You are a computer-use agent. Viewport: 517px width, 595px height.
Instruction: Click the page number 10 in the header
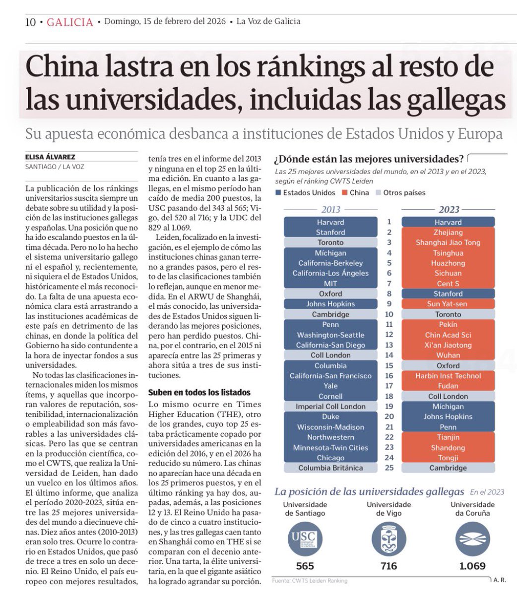[30, 22]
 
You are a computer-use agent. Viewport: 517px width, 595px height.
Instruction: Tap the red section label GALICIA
[70, 22]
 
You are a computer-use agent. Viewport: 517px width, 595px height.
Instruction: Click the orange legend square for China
[344, 193]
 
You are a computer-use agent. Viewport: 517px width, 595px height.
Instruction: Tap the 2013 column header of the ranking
[331, 210]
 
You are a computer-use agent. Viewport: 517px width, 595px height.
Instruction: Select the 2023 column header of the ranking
[449, 210]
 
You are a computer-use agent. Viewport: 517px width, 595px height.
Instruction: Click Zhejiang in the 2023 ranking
[448, 233]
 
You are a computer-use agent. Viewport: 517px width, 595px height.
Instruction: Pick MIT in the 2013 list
[330, 284]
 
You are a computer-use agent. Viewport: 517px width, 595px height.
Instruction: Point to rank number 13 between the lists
[389, 345]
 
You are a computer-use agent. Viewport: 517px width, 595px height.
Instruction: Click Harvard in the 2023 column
[448, 222]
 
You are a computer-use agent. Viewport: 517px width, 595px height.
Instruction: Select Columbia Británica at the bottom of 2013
[330, 468]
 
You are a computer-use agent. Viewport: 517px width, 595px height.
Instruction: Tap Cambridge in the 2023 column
[448, 468]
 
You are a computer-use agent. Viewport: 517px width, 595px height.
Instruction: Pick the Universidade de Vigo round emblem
[389, 538]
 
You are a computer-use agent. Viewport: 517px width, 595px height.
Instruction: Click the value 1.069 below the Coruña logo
[472, 566]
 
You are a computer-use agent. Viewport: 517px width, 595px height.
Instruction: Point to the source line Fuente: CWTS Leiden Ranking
[310, 581]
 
